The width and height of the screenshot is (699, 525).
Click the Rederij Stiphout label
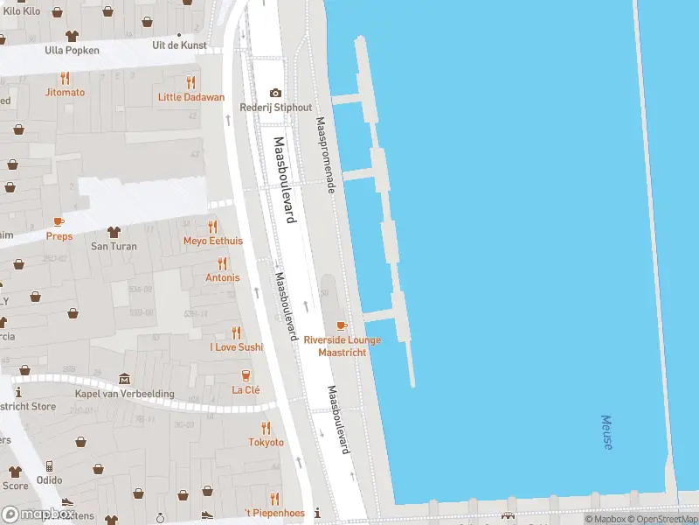(x=276, y=108)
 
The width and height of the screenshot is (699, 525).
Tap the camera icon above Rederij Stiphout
(x=276, y=93)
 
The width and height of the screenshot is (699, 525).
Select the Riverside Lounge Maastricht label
(x=342, y=345)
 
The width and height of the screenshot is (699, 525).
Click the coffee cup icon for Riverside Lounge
(x=342, y=325)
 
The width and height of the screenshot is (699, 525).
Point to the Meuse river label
(x=606, y=432)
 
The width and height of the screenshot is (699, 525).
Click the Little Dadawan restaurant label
(x=190, y=97)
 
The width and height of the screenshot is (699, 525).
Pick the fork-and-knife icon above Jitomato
(x=65, y=78)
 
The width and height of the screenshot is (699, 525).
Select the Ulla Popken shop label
(x=72, y=50)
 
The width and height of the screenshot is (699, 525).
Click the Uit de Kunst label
(x=180, y=45)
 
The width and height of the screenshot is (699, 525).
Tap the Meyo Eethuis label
(x=212, y=241)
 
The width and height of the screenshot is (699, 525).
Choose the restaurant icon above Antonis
(x=222, y=262)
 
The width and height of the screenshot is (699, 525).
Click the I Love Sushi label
(x=236, y=346)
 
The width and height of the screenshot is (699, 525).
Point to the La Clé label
(x=246, y=390)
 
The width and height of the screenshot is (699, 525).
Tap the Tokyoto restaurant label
(x=266, y=442)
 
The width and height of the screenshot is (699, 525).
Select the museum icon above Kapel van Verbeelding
(x=124, y=379)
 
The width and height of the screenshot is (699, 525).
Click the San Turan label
(x=114, y=246)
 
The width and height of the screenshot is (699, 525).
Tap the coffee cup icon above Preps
(x=59, y=222)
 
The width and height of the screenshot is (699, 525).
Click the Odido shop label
(x=49, y=480)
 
